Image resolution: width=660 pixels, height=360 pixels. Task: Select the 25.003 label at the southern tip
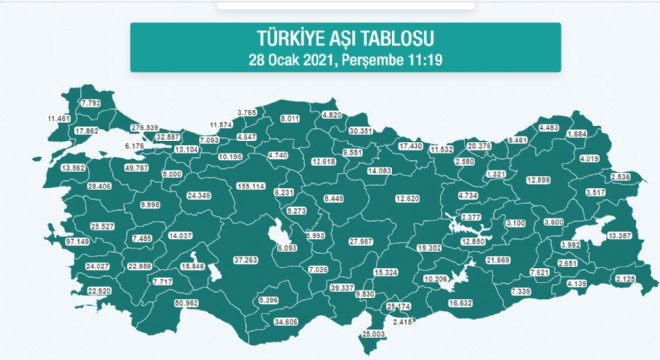pyautogui.click(x=373, y=333)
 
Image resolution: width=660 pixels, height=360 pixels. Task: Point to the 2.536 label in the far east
pyautogui.click(x=619, y=177)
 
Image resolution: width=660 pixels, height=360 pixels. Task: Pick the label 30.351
pyautogui.click(x=361, y=130)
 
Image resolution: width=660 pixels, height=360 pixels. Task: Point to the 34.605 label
pyautogui.click(x=286, y=321)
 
